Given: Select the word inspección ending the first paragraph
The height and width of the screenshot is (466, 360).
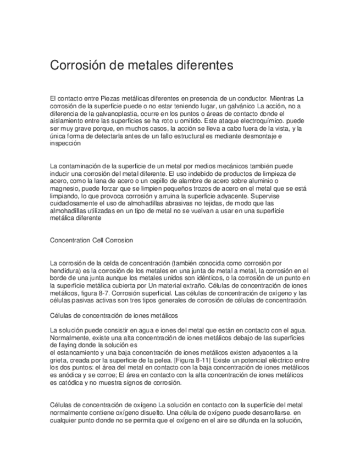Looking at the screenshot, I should tap(65, 143).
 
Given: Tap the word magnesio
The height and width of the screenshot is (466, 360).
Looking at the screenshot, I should tap(64, 187).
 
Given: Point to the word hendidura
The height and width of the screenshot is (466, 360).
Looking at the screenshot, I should tap(65, 270).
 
